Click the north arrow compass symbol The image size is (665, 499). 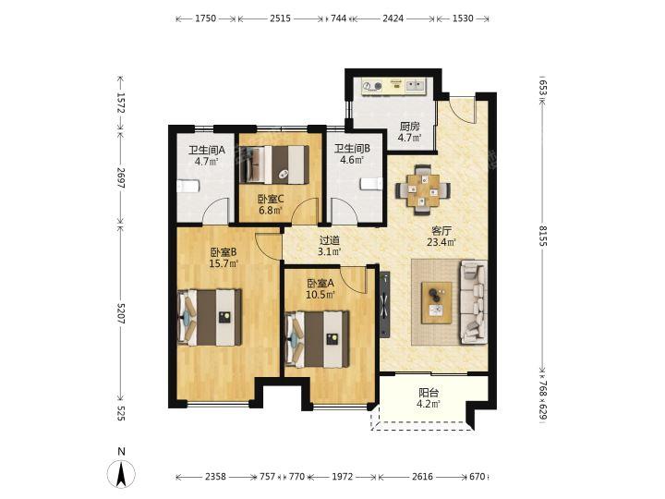point(121,473)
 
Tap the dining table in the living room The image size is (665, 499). point(423,190)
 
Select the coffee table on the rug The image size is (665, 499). point(436,302)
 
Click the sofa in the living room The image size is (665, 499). point(473,301)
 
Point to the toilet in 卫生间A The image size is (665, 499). point(187,186)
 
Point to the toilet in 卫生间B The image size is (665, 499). point(371,184)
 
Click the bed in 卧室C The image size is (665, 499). point(274,164)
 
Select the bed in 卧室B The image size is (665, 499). point(210,317)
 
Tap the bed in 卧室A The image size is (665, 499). point(318,339)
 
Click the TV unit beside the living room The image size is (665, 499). point(384,304)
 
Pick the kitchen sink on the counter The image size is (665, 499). point(416,86)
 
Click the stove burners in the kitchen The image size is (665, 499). point(372,87)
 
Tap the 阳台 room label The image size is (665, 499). point(429,393)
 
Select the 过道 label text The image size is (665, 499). point(330,240)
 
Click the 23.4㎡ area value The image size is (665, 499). point(441,242)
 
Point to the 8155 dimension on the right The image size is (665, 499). point(543,236)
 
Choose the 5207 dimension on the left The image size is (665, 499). point(120,313)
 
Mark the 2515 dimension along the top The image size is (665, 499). point(281,18)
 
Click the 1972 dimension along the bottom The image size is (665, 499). point(343,477)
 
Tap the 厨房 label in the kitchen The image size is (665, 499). point(410,126)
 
